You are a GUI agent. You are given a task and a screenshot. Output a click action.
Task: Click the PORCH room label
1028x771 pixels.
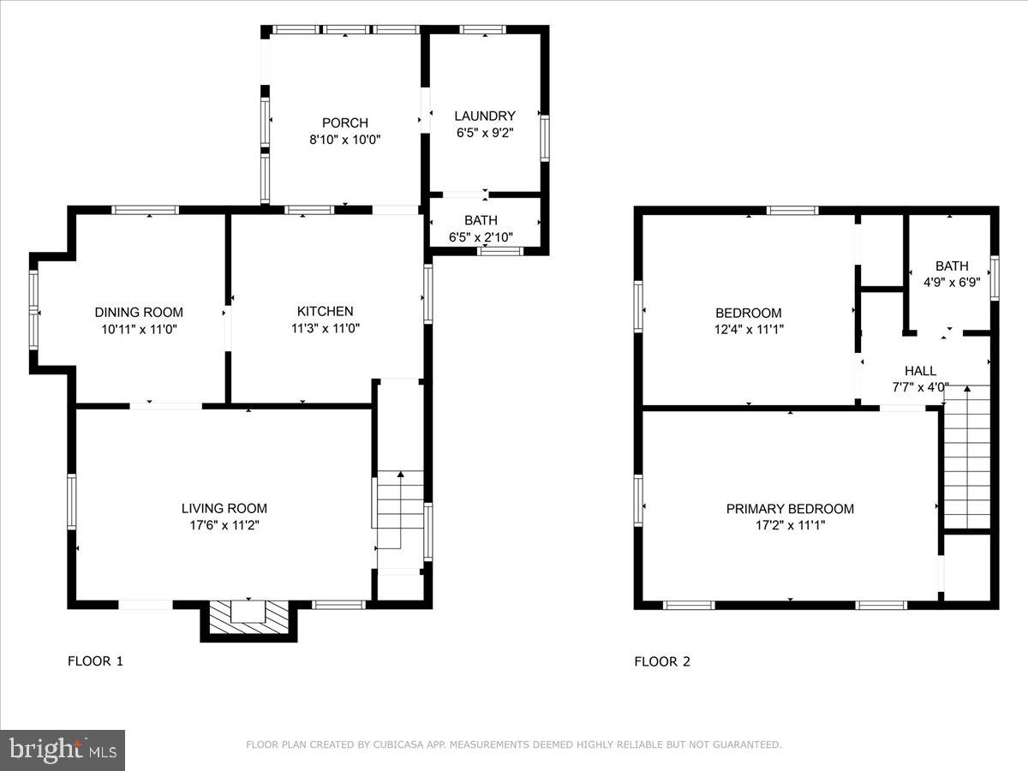(x=344, y=123)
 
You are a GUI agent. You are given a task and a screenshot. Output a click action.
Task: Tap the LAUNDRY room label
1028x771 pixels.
(x=485, y=116)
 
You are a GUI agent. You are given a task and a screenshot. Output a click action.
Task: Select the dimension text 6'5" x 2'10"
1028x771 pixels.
(x=481, y=237)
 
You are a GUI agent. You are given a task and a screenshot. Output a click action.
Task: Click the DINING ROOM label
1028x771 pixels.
(x=138, y=313)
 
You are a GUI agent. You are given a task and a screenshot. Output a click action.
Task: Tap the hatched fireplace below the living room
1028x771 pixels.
(x=248, y=619)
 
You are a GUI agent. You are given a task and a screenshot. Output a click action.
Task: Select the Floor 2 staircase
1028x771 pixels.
(x=966, y=458)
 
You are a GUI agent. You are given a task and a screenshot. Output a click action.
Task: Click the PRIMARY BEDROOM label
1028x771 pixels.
(x=790, y=509)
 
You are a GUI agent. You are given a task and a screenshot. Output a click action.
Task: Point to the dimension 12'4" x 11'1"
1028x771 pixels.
(x=749, y=329)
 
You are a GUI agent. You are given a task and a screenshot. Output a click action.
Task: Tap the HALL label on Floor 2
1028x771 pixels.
(x=920, y=371)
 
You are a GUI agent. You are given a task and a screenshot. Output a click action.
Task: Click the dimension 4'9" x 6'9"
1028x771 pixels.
(x=951, y=281)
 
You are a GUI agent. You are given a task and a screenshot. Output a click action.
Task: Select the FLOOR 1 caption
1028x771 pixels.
(x=95, y=661)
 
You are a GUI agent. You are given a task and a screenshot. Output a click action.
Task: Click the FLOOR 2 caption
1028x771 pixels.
(x=661, y=661)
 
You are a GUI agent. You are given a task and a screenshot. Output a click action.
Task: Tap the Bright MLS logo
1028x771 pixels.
(x=62, y=750)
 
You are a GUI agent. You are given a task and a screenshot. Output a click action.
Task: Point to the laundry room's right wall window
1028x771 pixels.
(x=544, y=138)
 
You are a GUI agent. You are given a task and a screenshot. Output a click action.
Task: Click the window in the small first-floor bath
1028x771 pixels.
(x=500, y=251)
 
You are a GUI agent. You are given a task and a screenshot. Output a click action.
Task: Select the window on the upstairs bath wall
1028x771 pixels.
(x=995, y=278)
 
